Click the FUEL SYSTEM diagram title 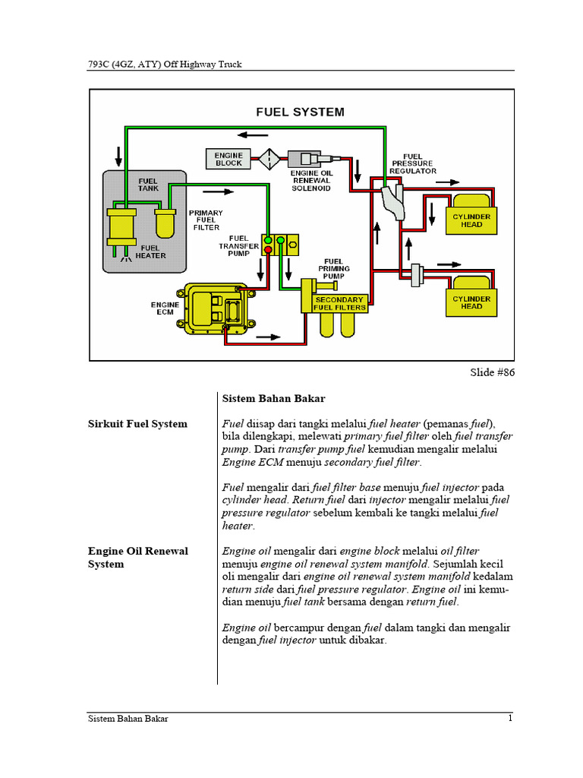pos(300,112)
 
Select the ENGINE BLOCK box pos(228,159)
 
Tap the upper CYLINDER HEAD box pos(471,220)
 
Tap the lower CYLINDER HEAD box pos(471,302)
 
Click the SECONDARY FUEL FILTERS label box pos(340,304)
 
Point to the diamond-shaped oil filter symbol pos(269,160)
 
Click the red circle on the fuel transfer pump pos(268,250)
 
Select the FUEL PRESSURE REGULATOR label pos(413,163)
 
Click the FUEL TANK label pos(148,185)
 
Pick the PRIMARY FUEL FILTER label pos(206,220)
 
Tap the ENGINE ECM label pos(166,308)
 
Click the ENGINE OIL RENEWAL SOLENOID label pos(311,181)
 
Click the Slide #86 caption pos(493,373)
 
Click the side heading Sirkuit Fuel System pos(137,424)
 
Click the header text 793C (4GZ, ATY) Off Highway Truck pos(165,65)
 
